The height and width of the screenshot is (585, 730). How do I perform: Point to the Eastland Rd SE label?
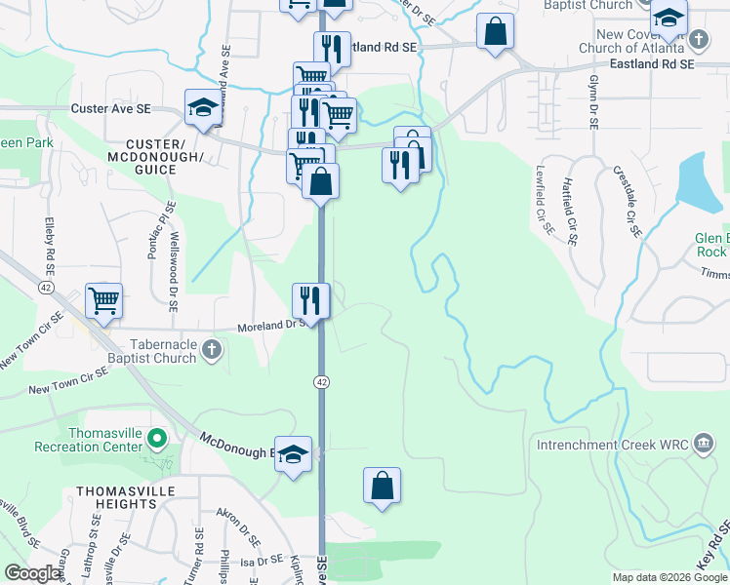click(650, 63)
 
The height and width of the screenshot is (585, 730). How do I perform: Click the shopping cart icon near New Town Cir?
click(103, 300)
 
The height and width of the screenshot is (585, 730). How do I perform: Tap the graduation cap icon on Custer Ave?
click(202, 109)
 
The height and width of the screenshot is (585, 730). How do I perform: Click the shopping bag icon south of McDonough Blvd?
click(382, 485)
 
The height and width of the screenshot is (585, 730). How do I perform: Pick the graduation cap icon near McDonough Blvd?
click(293, 454)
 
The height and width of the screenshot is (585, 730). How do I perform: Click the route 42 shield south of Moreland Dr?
click(321, 381)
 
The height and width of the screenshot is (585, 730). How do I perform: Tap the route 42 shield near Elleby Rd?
click(46, 288)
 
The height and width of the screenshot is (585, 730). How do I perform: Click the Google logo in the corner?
click(33, 573)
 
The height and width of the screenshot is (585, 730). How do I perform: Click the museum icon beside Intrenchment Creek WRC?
click(702, 445)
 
